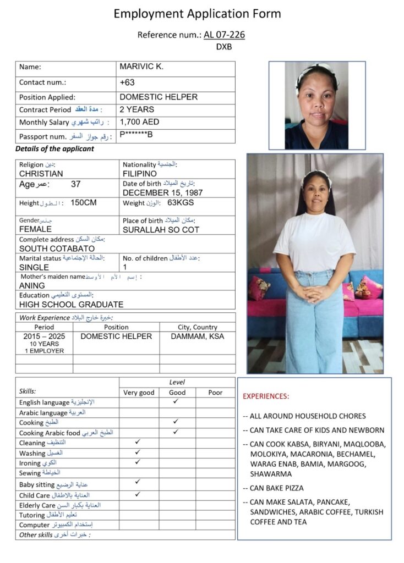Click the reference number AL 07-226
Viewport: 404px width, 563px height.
pos(224,35)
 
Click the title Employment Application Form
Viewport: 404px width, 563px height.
pos(197,14)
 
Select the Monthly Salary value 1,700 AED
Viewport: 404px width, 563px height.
pos(139,122)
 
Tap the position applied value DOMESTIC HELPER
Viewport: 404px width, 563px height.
pos(159,97)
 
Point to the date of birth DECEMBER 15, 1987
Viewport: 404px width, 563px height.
pos(162,193)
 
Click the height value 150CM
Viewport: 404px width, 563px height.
pos(84,203)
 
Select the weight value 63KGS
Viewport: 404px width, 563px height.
pos(181,203)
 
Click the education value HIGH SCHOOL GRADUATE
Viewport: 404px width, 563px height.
pos(71,304)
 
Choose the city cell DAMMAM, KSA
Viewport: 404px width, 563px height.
pos(198,336)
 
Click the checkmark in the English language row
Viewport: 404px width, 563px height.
pos(176,402)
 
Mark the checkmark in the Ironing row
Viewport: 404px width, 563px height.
pos(138,462)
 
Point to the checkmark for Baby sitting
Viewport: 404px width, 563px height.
pos(138,482)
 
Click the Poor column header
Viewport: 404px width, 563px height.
pos(215,393)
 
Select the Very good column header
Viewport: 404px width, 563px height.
pos(138,393)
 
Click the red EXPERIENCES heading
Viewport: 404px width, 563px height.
pos(266,396)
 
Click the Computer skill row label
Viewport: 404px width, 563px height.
pos(34,525)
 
